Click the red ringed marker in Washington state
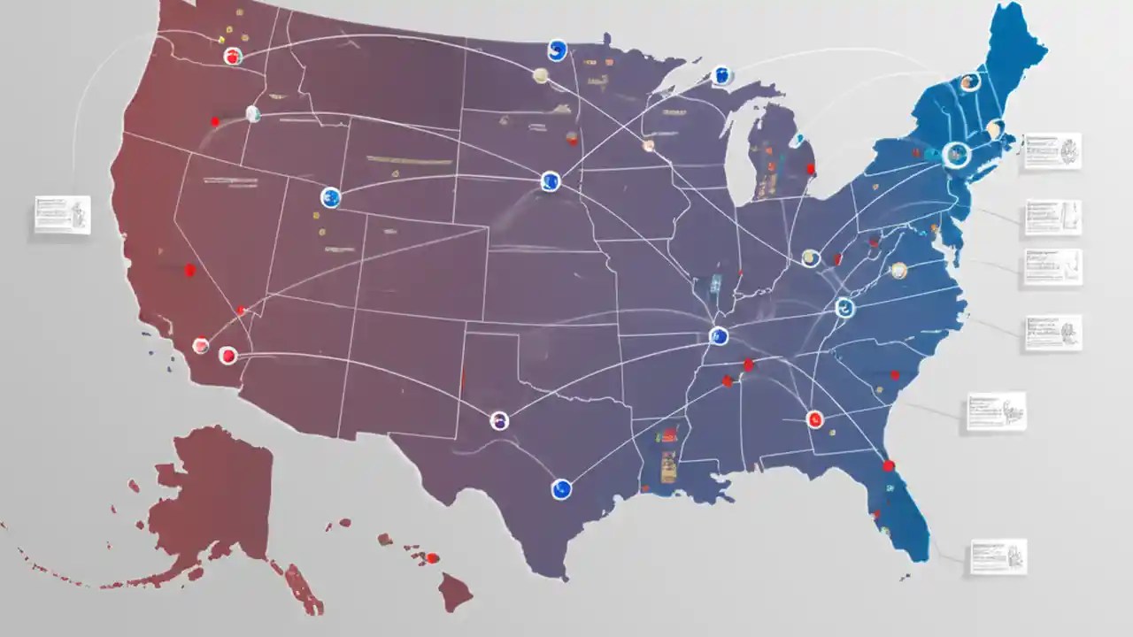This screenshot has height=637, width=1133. (x=233, y=57)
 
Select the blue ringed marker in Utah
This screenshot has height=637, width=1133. (x=330, y=197)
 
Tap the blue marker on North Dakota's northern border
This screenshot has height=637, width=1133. (x=557, y=50)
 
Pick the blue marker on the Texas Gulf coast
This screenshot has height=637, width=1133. (x=561, y=488)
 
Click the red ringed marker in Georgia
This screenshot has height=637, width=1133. (x=814, y=418)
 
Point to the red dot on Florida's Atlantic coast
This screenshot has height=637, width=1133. (x=889, y=465)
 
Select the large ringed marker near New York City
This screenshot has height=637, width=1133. (x=956, y=155)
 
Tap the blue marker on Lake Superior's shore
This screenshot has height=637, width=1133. (x=722, y=76)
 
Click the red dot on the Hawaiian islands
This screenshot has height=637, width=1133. (x=432, y=558)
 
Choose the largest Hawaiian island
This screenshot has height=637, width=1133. (x=455, y=591)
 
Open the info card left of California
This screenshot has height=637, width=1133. (x=62, y=215)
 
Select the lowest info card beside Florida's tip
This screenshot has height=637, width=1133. (x=998, y=556)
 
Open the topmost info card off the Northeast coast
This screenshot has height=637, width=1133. (x=1052, y=150)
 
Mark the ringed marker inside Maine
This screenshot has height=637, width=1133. (x=970, y=82)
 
